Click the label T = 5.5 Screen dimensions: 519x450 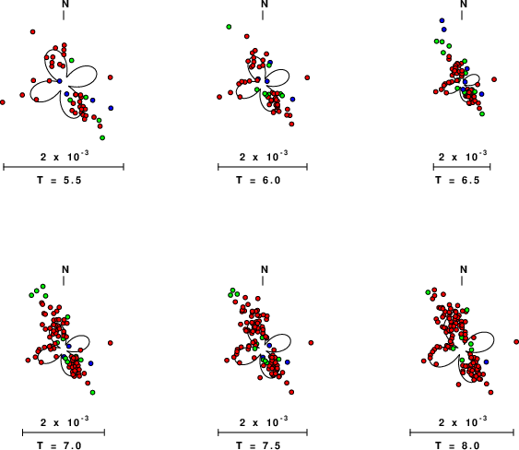pyautogui.click(x=59, y=180)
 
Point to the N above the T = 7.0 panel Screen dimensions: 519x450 pyautogui.click(x=65, y=269)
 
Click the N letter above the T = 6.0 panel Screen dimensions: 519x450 pyautogui.click(x=265, y=4)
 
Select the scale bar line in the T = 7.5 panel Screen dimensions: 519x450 pyautogui.click(x=263, y=432)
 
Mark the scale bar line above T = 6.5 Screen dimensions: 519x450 pyautogui.click(x=462, y=167)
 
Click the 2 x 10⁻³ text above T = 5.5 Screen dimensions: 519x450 pyautogui.click(x=65, y=156)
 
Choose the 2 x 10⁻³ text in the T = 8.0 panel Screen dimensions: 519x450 pyautogui.click(x=463, y=421)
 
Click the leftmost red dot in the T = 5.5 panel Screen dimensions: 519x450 pyautogui.click(x=3, y=102)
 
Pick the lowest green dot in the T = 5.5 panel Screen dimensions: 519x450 pyautogui.click(x=102, y=137)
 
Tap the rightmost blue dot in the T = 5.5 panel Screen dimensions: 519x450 pyautogui.click(x=111, y=108)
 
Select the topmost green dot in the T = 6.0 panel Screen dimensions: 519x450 pyautogui.click(x=229, y=27)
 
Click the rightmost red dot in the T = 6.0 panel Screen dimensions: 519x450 pyautogui.click(x=307, y=77)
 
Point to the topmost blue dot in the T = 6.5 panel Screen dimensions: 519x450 pyautogui.click(x=442, y=20)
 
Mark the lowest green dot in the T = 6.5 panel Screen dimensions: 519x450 pyautogui.click(x=482, y=114)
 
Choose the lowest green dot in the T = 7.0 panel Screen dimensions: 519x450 pyautogui.click(x=93, y=393)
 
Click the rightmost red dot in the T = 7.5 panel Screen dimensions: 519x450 pyautogui.click(x=311, y=342)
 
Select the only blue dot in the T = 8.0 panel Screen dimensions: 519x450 pyautogui.click(x=486, y=361)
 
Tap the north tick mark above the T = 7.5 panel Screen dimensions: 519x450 pyautogui.click(x=263, y=280)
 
